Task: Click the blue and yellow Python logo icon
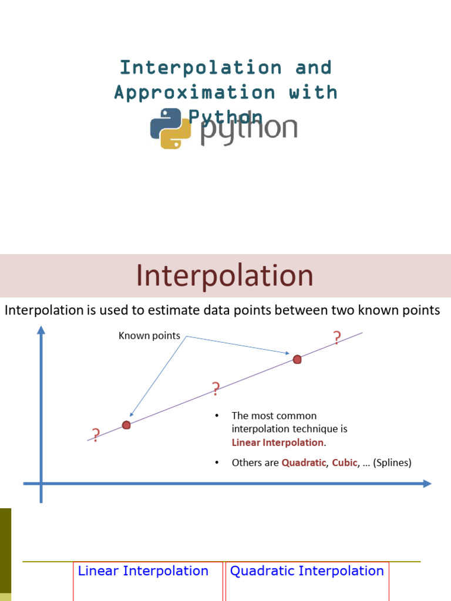tap(170, 129)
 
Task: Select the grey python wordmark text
tap(249, 130)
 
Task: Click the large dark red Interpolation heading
tap(225, 276)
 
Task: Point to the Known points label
tap(149, 336)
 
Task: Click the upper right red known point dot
tap(297, 359)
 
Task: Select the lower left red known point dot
tap(126, 425)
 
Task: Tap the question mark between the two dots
tap(216, 389)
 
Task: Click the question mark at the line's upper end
tap(336, 338)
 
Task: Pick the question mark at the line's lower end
tap(96, 435)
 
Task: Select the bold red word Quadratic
tap(304, 462)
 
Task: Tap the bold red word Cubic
tap(345, 462)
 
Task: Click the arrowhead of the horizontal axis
tap(427, 484)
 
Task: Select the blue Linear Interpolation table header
tap(143, 570)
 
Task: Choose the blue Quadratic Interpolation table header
tap(307, 570)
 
